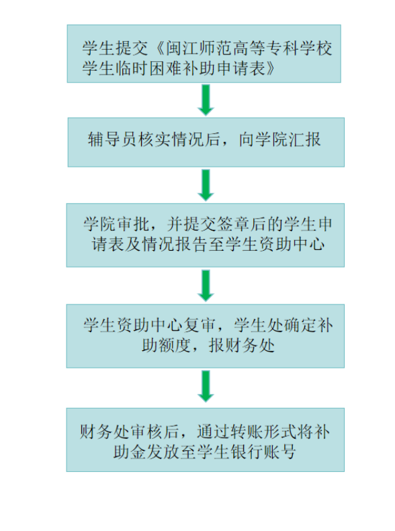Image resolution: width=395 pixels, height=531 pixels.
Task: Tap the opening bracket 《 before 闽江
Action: pos(157,48)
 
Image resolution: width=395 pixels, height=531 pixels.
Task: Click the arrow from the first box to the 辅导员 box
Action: pos(206,100)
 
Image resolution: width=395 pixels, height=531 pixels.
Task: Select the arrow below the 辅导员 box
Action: pos(206,186)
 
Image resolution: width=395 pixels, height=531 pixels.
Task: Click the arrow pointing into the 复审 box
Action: pos(206,286)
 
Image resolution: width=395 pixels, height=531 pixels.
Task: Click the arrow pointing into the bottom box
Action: pos(206,386)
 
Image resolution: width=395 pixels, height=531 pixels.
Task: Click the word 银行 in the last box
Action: pos(247,452)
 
